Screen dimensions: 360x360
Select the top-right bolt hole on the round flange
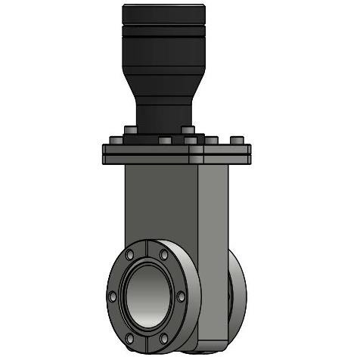coord(164,254)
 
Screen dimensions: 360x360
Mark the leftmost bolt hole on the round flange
coord(113,294)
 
